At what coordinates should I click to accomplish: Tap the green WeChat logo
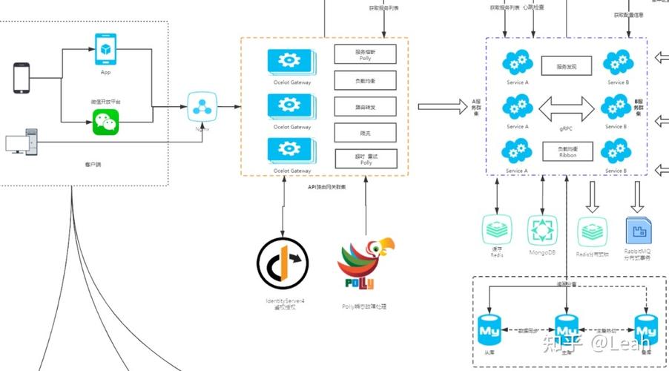(x=105, y=122)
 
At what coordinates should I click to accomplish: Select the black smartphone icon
(x=22, y=79)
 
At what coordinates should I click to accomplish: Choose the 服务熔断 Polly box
(x=365, y=54)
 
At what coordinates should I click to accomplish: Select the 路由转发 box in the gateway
(x=365, y=106)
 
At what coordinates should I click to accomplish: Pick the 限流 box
(x=365, y=133)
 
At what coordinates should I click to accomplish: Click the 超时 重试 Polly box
(x=365, y=158)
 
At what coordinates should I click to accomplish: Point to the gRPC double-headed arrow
(x=567, y=111)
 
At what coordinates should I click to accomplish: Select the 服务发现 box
(x=567, y=67)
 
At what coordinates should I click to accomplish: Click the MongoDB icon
(x=542, y=231)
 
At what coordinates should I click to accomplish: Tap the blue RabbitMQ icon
(x=639, y=231)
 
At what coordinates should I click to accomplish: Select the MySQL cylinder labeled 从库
(x=489, y=327)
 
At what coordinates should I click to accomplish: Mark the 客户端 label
(x=93, y=163)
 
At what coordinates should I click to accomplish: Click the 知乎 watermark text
(x=560, y=342)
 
